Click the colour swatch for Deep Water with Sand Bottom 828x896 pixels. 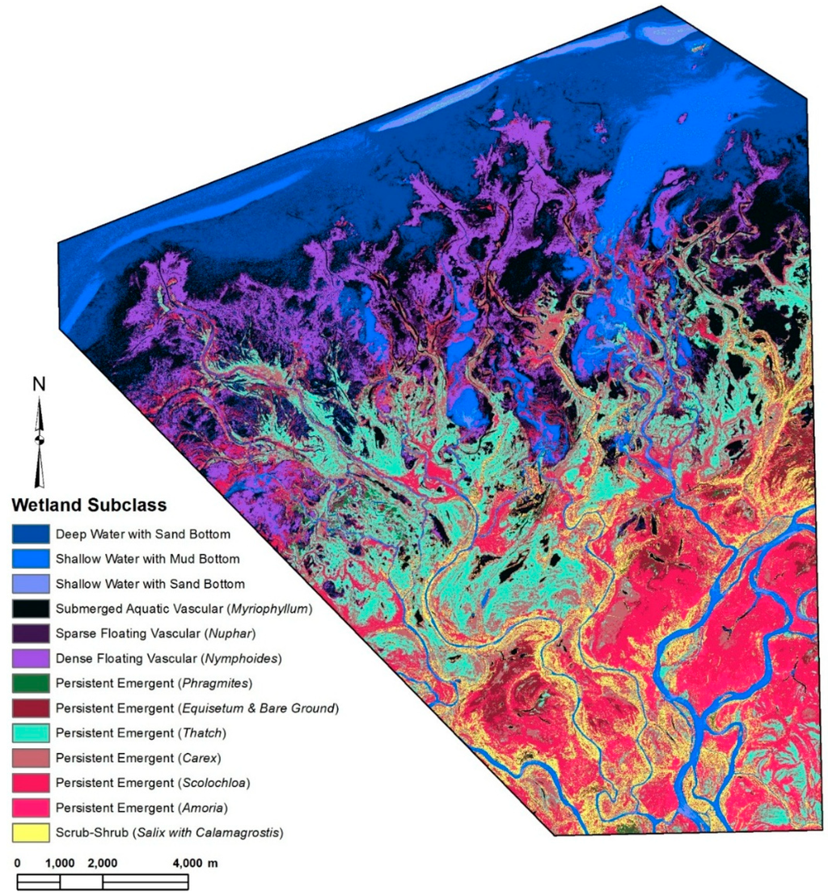[x=30, y=534]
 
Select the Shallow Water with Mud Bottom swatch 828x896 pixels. [x=30, y=559]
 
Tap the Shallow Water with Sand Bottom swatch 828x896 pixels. [x=30, y=584]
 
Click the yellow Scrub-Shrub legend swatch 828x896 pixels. [x=30, y=833]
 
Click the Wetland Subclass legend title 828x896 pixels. [x=88, y=506]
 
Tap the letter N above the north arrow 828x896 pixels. [x=38, y=385]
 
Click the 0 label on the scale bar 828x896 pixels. [x=18, y=863]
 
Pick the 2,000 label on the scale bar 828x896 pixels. [x=103, y=863]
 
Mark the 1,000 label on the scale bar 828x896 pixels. [x=60, y=863]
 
